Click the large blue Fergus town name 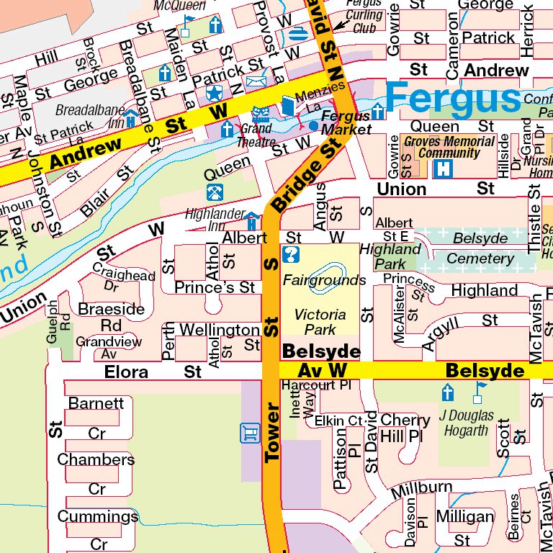pyautogui.click(x=452, y=96)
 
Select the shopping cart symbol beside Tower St pyautogui.click(x=248, y=433)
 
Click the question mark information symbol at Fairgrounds pyautogui.click(x=291, y=255)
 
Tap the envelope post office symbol pyautogui.click(x=256, y=81)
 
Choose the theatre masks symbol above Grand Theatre pyautogui.click(x=260, y=113)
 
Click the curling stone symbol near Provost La pyautogui.click(x=295, y=35)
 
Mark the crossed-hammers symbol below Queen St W pyautogui.click(x=215, y=192)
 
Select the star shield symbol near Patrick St pyautogui.click(x=214, y=93)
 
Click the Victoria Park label pyautogui.click(x=320, y=322)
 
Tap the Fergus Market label pyautogui.click(x=346, y=122)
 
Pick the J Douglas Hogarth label pyautogui.click(x=467, y=423)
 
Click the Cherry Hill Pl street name pyautogui.click(x=405, y=428)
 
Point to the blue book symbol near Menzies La pyautogui.click(x=288, y=105)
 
